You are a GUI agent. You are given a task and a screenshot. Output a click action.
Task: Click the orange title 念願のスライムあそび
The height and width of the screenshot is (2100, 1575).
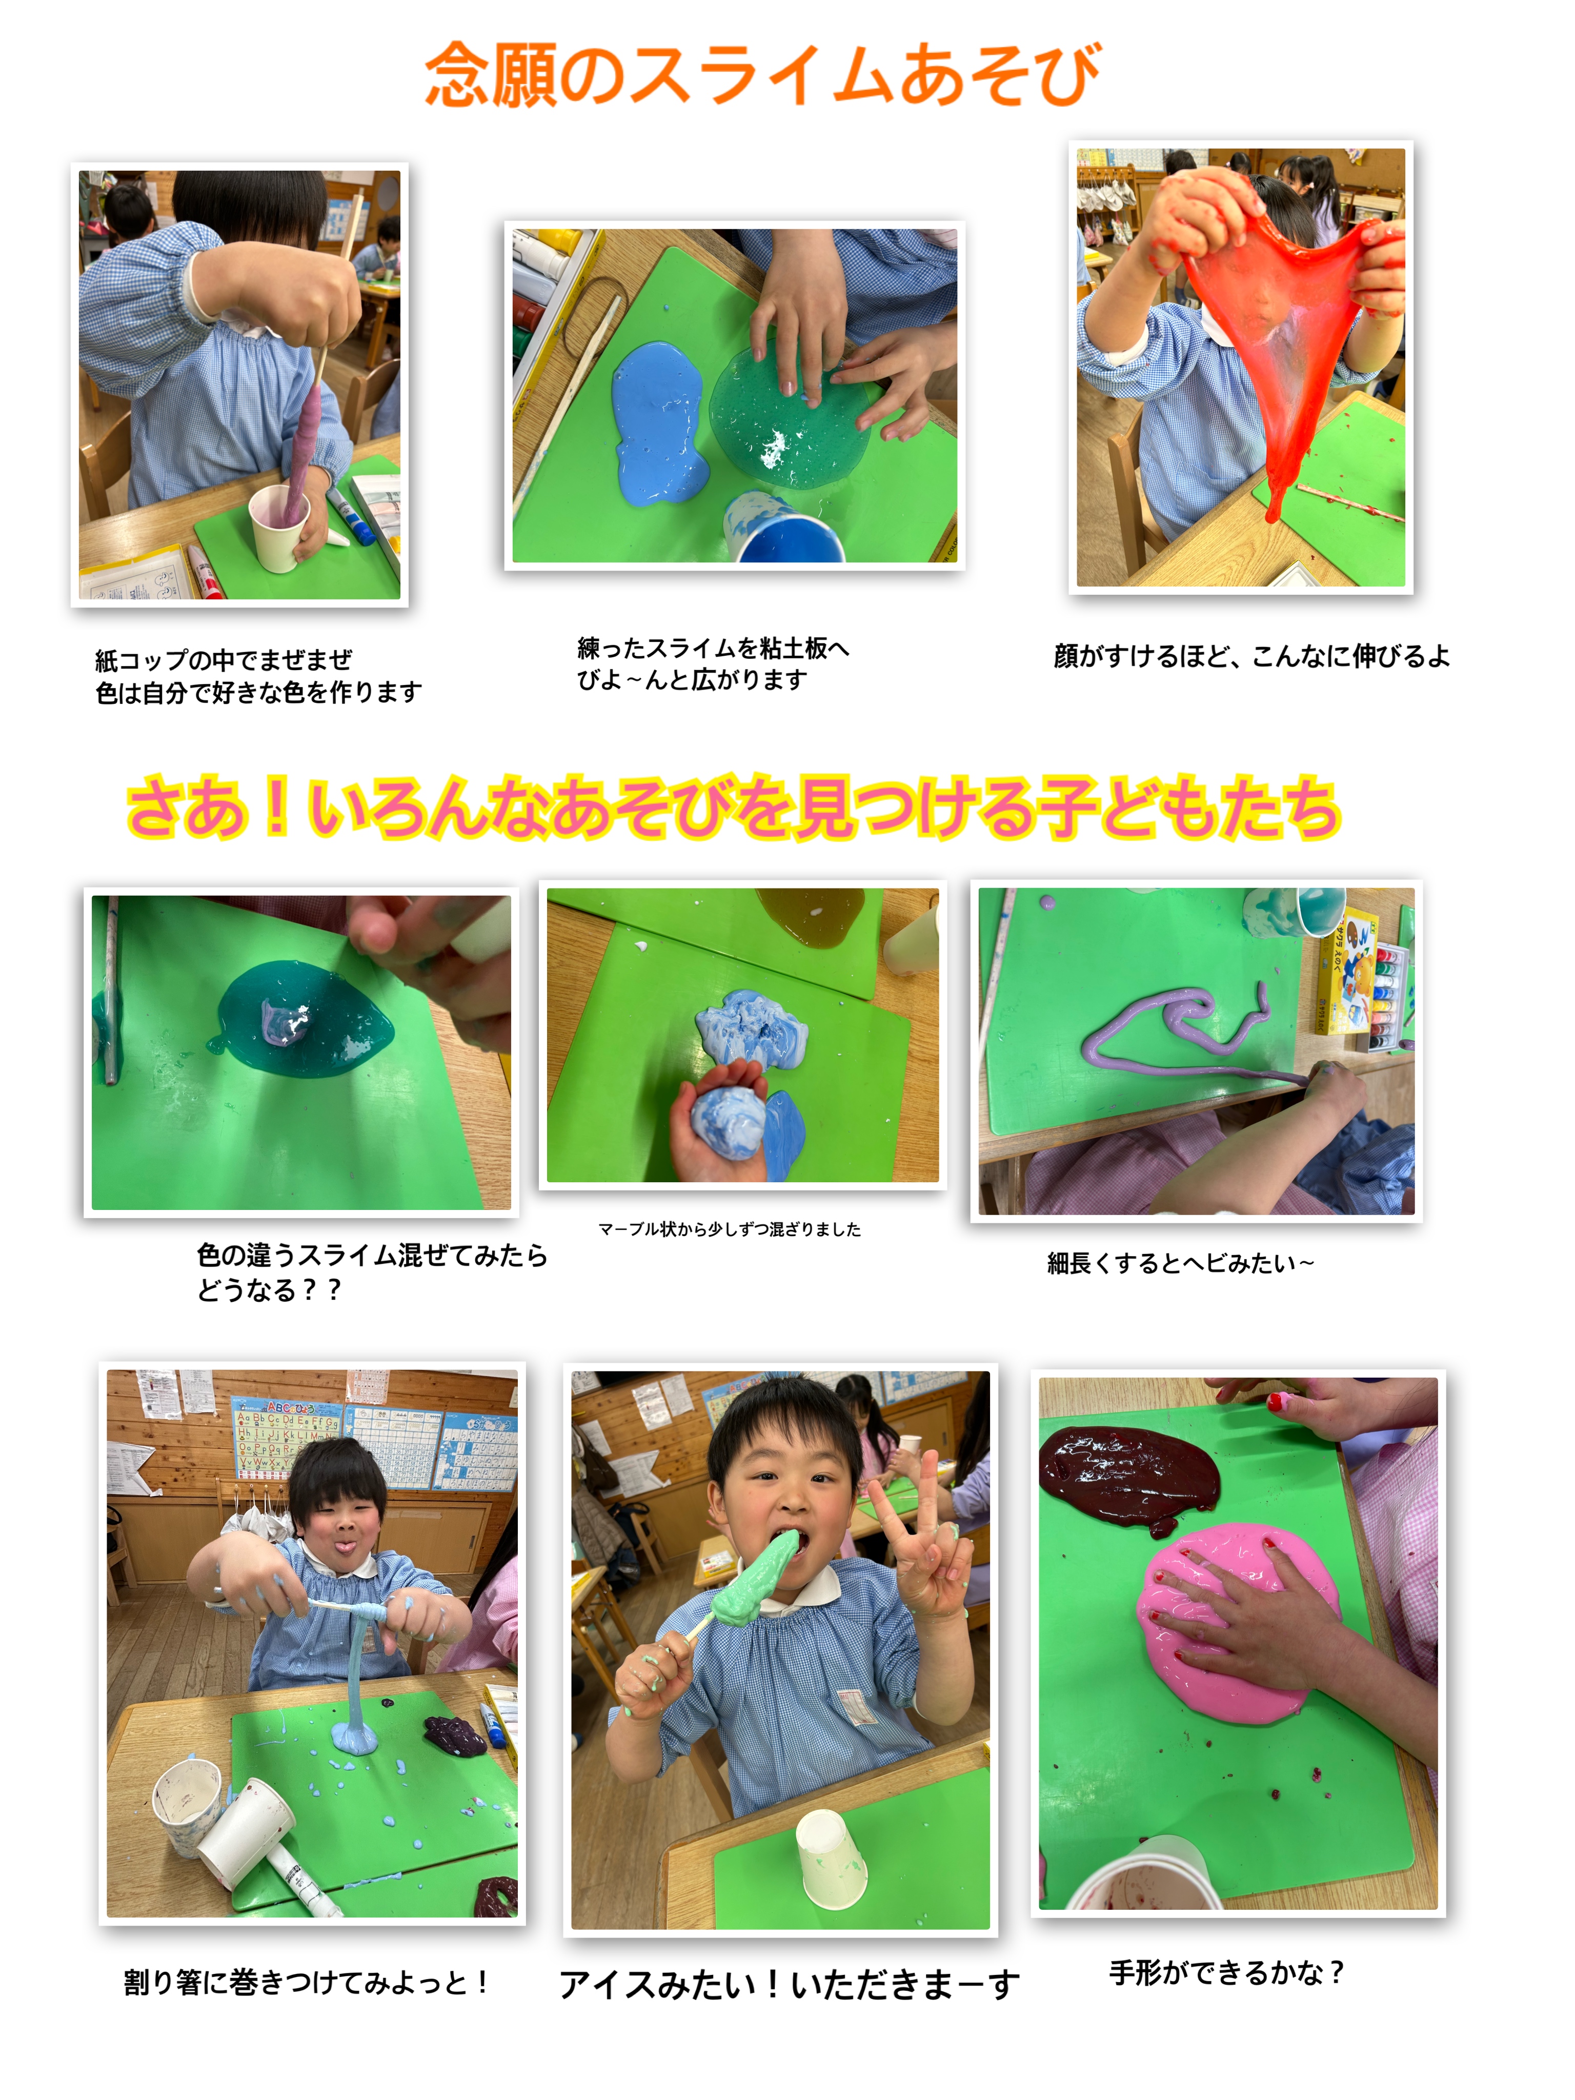(762, 74)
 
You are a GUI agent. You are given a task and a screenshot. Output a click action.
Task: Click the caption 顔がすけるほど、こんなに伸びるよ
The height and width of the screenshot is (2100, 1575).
(1251, 656)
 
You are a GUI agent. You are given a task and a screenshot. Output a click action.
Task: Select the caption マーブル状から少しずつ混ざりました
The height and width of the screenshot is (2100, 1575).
(729, 1228)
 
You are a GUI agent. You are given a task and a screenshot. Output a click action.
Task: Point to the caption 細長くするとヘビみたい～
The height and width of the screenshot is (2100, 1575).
(1180, 1263)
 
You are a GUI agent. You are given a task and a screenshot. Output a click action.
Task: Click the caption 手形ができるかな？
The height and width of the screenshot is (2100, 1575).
(1226, 1972)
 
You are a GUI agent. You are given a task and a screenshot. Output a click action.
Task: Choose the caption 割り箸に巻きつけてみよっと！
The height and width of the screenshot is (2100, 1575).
(306, 1982)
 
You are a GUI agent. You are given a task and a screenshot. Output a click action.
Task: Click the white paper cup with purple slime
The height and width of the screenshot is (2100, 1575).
(279, 528)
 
